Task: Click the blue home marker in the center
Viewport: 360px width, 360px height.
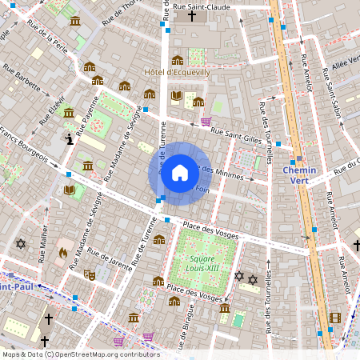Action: tap(180, 173)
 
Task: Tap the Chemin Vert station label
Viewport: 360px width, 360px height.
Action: tap(300, 175)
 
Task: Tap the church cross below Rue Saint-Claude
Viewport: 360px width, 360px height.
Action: tap(191, 16)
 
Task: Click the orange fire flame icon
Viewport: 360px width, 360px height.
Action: tap(62, 254)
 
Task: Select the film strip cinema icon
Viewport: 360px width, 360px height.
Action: tap(334, 318)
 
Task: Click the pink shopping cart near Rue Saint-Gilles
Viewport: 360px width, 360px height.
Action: tap(206, 122)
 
